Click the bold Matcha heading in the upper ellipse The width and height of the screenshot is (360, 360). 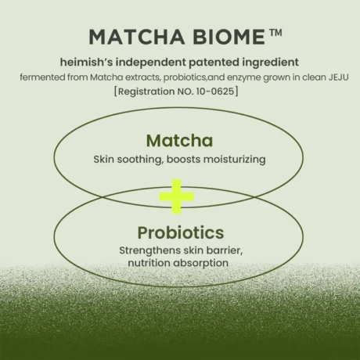click(x=179, y=141)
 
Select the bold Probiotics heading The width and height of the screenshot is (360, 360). click(x=180, y=232)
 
